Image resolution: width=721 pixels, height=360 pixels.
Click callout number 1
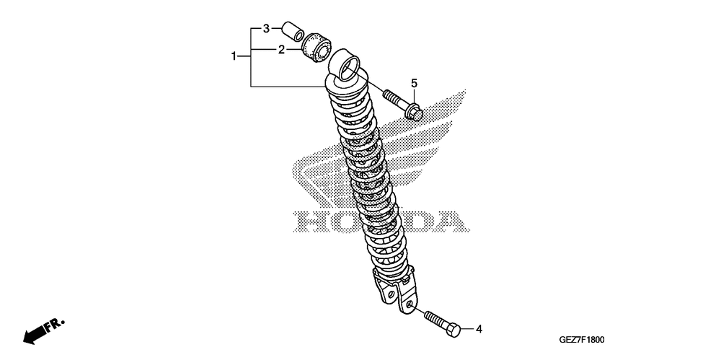[234, 56]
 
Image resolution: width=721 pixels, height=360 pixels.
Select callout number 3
[265, 29]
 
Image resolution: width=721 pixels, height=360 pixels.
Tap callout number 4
[478, 329]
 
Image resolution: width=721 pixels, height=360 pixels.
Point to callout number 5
[415, 83]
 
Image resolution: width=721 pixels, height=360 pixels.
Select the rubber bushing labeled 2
[316, 48]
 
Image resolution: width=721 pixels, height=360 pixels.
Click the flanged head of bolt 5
[412, 112]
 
